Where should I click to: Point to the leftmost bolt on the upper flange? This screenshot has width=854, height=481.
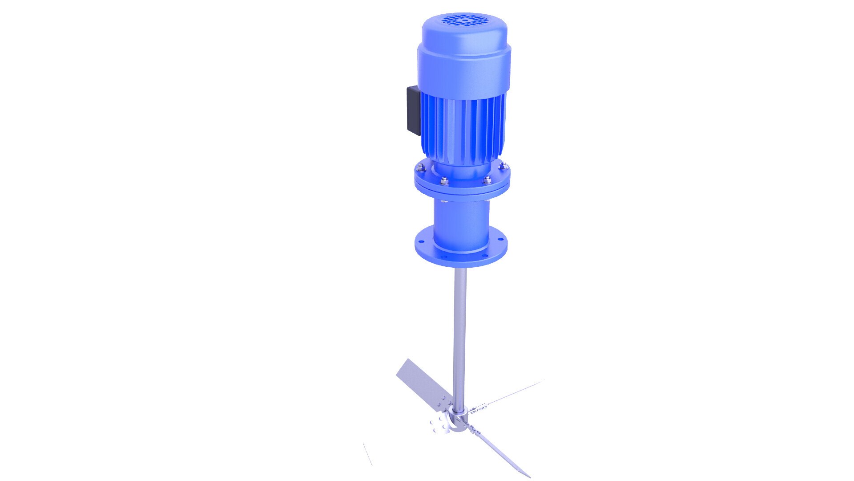pos(419,167)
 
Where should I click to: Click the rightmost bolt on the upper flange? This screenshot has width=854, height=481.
pos(504,166)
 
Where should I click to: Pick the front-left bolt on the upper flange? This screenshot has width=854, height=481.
pos(443,180)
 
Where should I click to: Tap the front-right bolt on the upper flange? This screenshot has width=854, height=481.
pos(487,179)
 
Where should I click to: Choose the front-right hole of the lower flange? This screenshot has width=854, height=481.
pos(483,255)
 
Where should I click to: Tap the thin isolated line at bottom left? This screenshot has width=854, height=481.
pos(367,454)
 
